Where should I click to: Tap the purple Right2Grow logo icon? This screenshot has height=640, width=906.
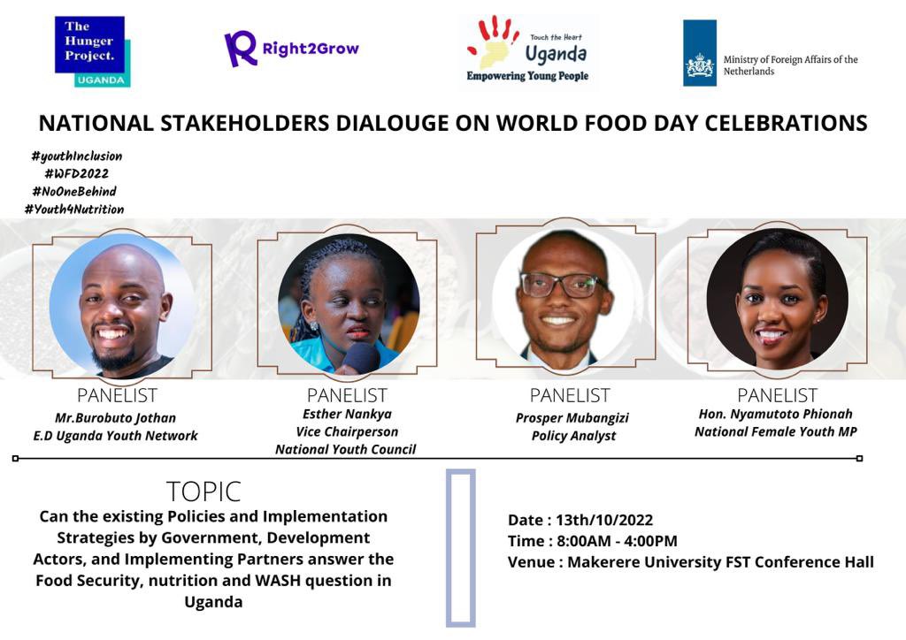point(240,49)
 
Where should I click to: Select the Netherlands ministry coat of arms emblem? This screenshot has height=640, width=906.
point(700,65)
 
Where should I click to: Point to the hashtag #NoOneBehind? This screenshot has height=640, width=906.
point(73,191)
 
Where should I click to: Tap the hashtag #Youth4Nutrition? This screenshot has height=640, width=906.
point(74,210)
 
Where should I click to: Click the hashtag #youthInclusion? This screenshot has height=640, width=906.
point(76,156)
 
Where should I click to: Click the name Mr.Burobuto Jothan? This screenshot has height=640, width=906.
point(115,417)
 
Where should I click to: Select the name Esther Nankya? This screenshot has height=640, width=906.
point(347,414)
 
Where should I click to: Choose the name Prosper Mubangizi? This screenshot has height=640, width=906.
point(572,417)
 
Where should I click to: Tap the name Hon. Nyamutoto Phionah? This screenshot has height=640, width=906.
point(775,414)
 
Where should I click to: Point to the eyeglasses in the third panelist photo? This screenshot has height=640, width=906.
point(563,285)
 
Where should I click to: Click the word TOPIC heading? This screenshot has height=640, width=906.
point(203,491)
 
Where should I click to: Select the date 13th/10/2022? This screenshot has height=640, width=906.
point(605,520)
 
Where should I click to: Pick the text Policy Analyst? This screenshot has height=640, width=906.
point(573,436)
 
